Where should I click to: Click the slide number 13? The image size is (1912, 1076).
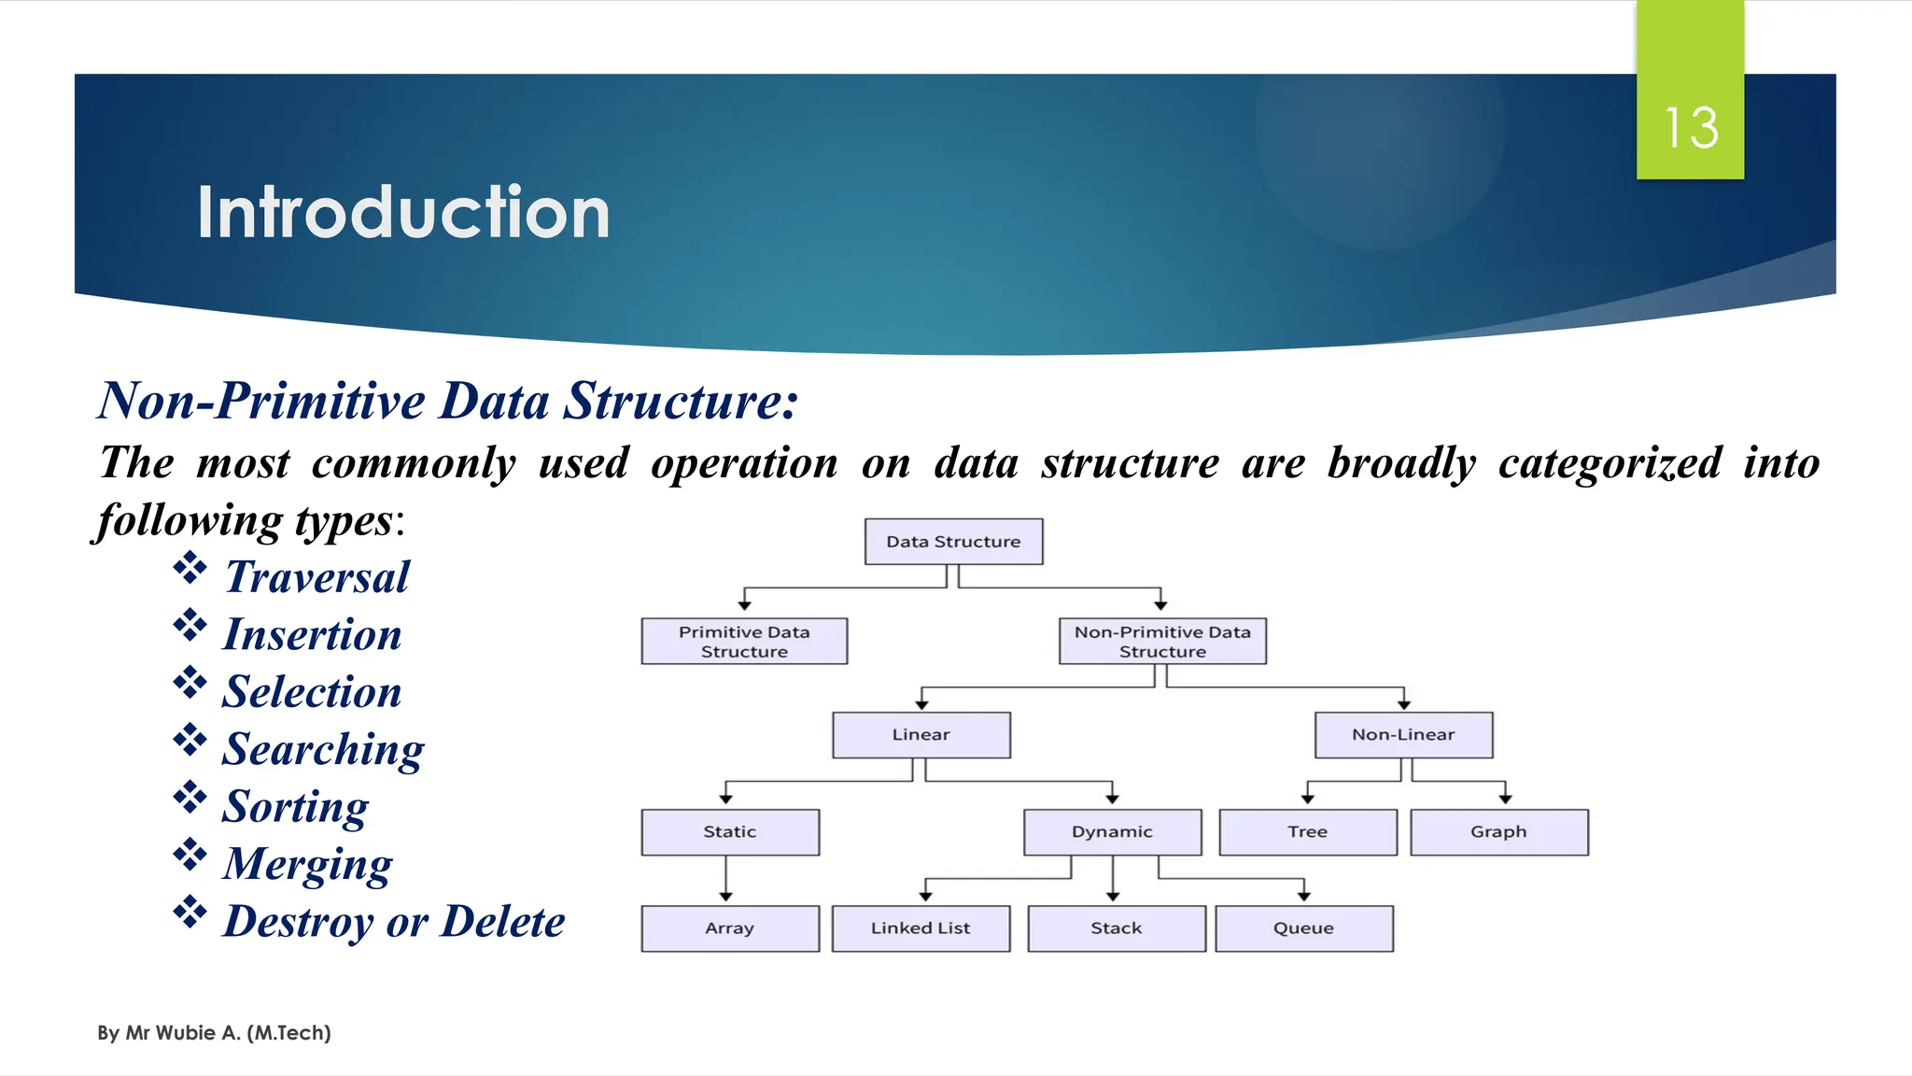tap(1691, 128)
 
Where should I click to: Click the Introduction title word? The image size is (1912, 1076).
tap(403, 213)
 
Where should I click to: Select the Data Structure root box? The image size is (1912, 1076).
tap(953, 542)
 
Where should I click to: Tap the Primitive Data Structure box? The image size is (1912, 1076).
tap(744, 642)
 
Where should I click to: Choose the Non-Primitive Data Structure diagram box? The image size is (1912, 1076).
tap(1162, 642)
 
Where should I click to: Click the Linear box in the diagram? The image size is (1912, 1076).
tap(921, 735)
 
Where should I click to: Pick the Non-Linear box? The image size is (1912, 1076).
tap(1403, 735)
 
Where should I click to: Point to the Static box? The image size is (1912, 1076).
tap(730, 832)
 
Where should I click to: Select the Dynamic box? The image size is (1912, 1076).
tap(1112, 832)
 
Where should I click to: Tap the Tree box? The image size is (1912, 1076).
tap(1308, 832)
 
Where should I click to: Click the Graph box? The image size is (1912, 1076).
tap(1498, 832)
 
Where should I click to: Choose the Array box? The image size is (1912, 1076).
tap(730, 928)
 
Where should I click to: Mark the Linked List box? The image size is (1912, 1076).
tap(921, 928)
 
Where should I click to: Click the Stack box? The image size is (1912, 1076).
tap(1117, 928)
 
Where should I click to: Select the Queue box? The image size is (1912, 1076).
tap(1304, 928)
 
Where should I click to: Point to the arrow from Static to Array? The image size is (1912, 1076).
tap(726, 879)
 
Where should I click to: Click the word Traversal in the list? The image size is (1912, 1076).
tap(317, 577)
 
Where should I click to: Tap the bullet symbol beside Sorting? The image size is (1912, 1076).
tap(190, 797)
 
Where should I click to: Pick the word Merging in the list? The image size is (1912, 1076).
tap(307, 864)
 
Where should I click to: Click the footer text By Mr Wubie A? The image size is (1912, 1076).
tap(214, 1033)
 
